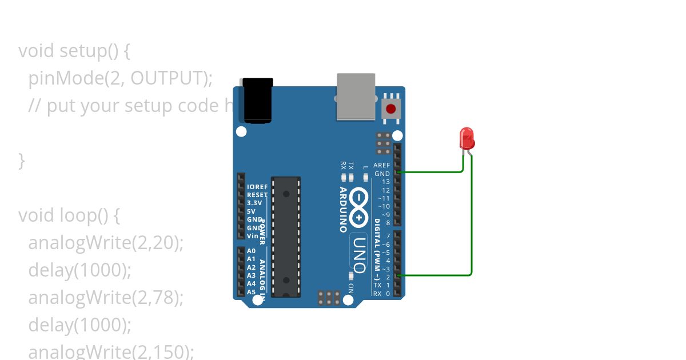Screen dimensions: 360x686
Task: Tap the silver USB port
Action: point(356,96)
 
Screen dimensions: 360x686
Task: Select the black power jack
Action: point(258,100)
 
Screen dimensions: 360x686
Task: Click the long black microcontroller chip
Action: point(286,237)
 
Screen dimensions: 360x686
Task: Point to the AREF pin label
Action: point(381,165)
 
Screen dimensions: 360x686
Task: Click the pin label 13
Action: point(386,182)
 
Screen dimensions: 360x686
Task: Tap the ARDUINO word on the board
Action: point(343,209)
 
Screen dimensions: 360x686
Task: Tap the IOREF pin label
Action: point(257,187)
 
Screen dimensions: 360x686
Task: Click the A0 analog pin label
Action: point(251,251)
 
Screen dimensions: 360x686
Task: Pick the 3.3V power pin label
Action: point(254,203)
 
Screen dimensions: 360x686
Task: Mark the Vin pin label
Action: point(252,235)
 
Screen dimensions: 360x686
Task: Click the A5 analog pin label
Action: point(251,291)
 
